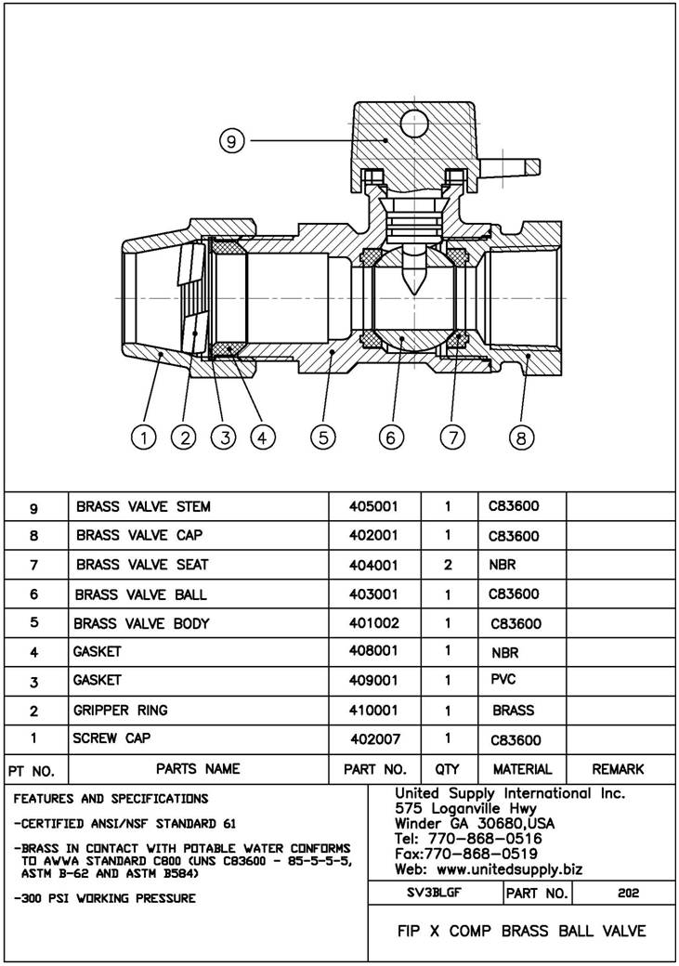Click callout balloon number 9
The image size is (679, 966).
232,141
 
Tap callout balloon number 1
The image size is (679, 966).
143,437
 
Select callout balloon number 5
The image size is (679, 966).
322,437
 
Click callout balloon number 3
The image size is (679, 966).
223,437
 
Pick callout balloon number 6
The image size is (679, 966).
391,437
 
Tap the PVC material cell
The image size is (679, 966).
503,681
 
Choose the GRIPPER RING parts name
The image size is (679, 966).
121,711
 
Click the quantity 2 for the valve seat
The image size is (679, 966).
448,565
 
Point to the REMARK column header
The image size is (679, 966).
618,770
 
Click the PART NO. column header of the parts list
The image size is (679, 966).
375,770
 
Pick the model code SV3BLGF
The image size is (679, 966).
435,894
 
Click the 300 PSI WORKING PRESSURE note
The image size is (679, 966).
105,898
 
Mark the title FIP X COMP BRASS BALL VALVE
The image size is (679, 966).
521,931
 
